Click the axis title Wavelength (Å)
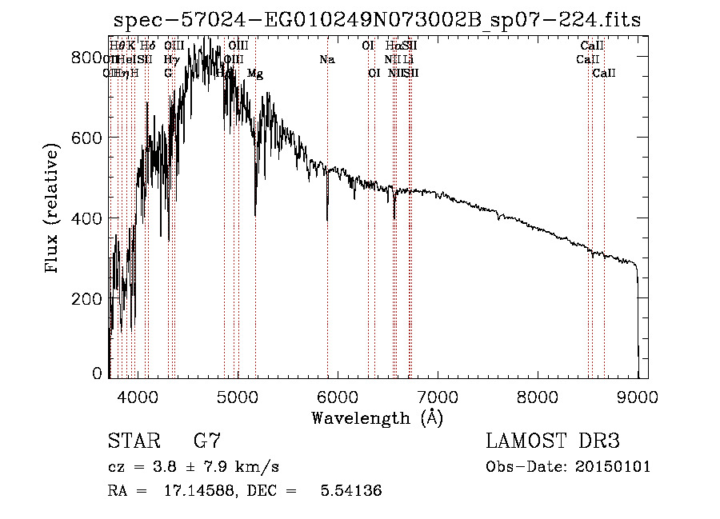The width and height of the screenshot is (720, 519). [377, 417]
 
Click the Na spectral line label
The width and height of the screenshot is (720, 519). [326, 59]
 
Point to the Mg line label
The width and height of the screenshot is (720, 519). [254, 74]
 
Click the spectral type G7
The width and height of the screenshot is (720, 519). [207, 441]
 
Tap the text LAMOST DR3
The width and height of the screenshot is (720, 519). [553, 441]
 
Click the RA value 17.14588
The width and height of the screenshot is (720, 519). [185, 491]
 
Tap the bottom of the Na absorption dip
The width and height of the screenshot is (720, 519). [327, 220]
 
